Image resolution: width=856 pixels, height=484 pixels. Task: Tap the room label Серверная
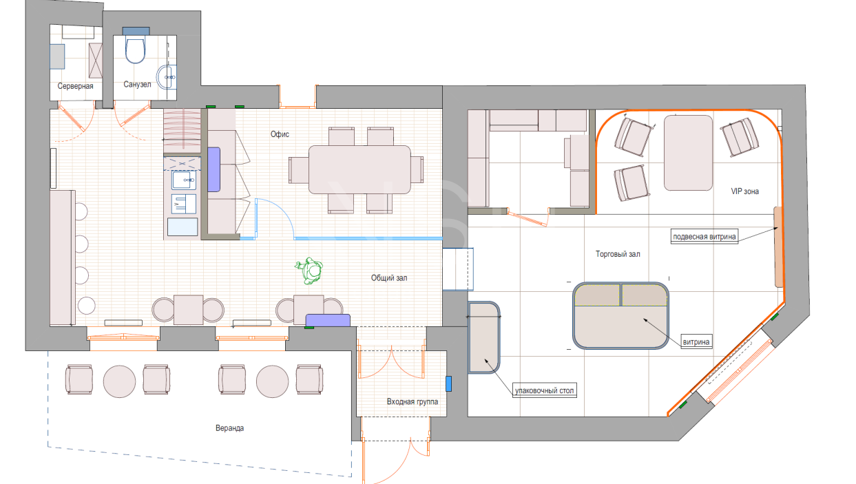pos(75,86)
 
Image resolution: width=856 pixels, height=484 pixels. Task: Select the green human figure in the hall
pos(309,270)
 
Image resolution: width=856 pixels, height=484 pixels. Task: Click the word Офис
pos(280,134)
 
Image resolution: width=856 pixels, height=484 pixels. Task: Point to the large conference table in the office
pos(359,169)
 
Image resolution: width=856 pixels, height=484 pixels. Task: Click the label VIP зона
pos(745,191)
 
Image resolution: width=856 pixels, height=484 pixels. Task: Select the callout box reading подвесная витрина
pos(704,236)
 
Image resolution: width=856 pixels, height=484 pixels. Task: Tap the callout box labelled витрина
pos(696,342)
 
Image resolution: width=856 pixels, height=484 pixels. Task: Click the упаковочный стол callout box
pos(544,390)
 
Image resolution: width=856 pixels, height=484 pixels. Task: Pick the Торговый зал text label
pos(618,254)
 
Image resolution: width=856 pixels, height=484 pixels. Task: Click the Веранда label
pos(230,428)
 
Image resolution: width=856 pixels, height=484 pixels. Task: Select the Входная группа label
pos(413,401)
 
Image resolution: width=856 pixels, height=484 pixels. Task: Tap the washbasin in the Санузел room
pos(167,77)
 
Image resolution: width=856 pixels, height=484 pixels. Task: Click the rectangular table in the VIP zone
pos(688,153)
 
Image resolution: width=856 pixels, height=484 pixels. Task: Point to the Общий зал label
pos(389,277)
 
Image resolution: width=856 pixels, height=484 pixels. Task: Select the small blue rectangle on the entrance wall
pos(448,383)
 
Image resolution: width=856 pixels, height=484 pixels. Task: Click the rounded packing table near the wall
pos(484,337)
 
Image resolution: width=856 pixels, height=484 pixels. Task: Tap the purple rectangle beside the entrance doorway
pos(328,320)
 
